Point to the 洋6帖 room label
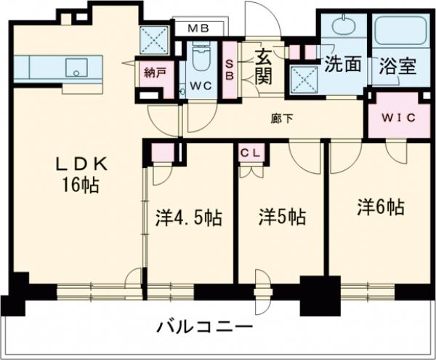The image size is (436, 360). (x=379, y=207)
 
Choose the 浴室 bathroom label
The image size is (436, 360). (x=397, y=65)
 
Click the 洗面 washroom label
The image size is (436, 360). (x=342, y=65)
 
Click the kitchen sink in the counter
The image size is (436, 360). (x=76, y=68)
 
